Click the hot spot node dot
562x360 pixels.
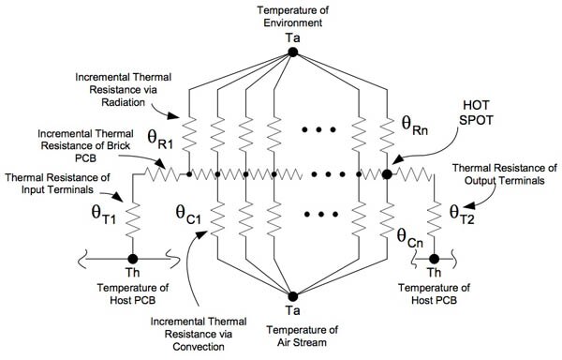tap(387, 174)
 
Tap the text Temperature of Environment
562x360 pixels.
tap(292, 17)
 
